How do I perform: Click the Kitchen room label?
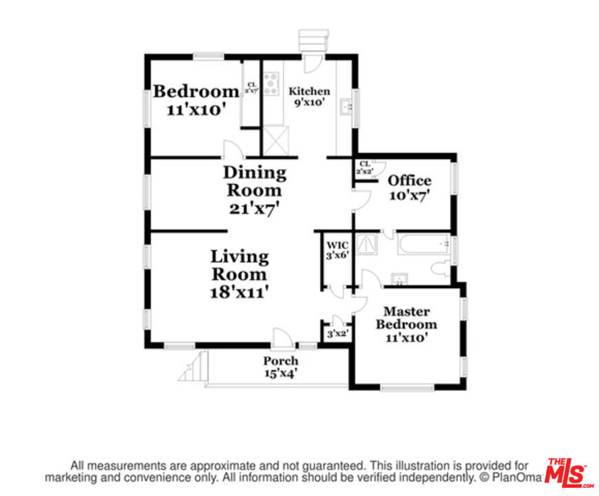click(x=309, y=91)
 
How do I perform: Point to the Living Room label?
click(x=240, y=265)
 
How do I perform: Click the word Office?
click(x=410, y=180)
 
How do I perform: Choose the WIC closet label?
click(x=337, y=245)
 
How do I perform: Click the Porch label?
click(x=281, y=361)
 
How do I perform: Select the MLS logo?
click(x=569, y=473)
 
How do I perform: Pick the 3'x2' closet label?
click(x=337, y=334)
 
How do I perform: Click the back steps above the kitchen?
click(x=313, y=39)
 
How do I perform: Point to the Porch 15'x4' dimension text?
click(x=281, y=373)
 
